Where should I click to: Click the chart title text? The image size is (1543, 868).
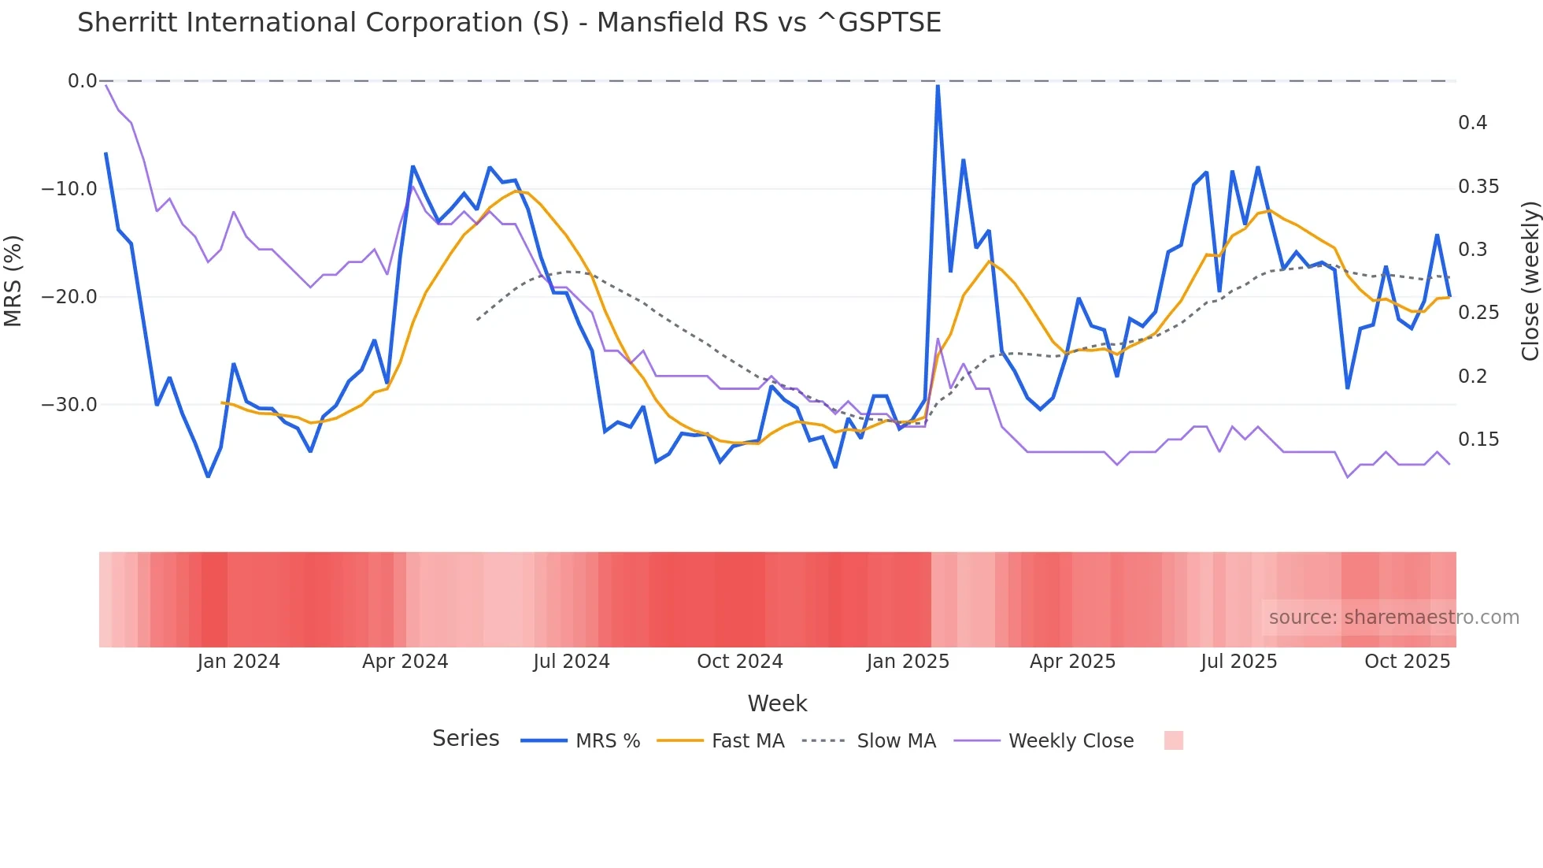pyautogui.click(x=509, y=23)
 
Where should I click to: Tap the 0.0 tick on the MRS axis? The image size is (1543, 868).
pyautogui.click(x=82, y=81)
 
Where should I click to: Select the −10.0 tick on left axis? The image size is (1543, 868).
pyautogui.click(x=69, y=189)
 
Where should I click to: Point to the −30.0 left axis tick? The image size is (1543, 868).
pyautogui.click(x=69, y=405)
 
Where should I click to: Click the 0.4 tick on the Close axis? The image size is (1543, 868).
pyautogui.click(x=1472, y=123)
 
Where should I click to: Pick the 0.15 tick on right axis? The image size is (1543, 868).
pyautogui.click(x=1478, y=440)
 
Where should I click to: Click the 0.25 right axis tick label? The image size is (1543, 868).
pyautogui.click(x=1478, y=313)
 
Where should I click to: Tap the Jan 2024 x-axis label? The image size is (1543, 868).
pyautogui.click(x=239, y=662)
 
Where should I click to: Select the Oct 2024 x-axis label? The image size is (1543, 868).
pyautogui.click(x=739, y=662)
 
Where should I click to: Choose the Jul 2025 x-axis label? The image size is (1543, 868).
pyautogui.click(x=1238, y=662)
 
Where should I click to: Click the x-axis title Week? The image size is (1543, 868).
pyautogui.click(x=777, y=703)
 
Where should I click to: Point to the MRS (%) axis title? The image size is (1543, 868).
pyautogui.click(x=13, y=280)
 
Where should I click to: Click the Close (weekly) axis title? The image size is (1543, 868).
pyautogui.click(x=1530, y=280)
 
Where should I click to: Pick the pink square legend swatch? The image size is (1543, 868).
pyautogui.click(x=1173, y=740)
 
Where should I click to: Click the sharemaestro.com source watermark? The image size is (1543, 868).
pyautogui.click(x=1393, y=618)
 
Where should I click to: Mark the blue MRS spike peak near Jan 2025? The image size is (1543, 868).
pyautogui.click(x=938, y=87)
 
